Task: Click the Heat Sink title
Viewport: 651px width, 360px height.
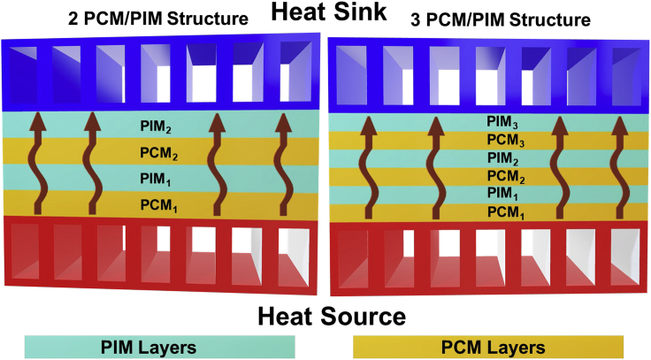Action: pos(325,15)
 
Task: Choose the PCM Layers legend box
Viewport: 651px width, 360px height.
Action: pos(487,345)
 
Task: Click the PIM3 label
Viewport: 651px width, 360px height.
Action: pos(502,123)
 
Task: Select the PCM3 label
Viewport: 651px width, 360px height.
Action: pos(502,141)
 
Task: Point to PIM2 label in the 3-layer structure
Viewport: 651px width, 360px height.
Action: pos(502,158)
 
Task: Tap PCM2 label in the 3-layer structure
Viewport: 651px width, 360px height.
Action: pos(502,176)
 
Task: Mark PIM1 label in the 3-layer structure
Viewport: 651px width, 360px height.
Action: pos(502,194)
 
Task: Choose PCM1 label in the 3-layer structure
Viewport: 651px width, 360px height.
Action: pos(502,212)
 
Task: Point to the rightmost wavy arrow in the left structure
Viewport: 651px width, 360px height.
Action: pos(283,163)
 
